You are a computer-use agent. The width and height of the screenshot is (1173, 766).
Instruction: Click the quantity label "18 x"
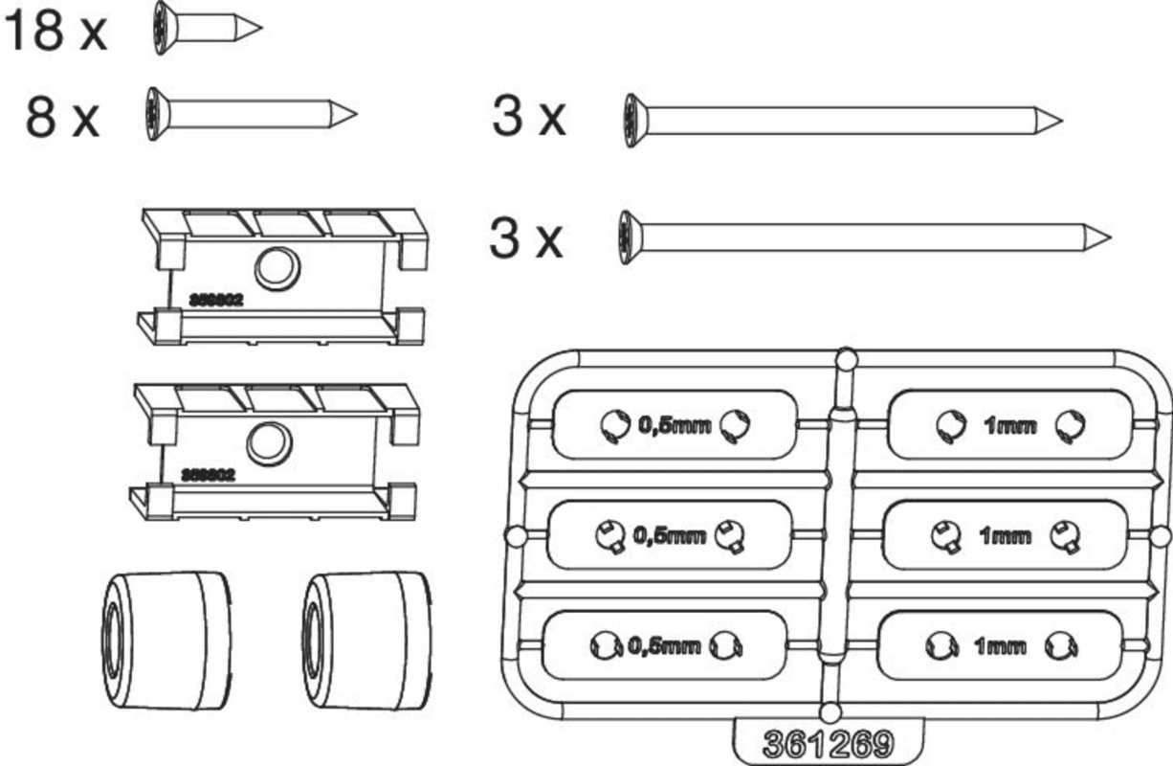coord(55,31)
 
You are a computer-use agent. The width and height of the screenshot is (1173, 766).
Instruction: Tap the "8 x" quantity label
coord(62,119)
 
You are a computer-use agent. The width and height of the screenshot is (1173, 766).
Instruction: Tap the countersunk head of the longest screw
coord(627,236)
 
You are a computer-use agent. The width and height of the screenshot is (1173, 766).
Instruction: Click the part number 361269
coord(829,743)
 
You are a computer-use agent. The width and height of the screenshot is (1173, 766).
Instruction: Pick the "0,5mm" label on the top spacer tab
coord(675,424)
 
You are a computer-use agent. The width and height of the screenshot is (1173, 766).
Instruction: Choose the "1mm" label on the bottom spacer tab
coord(1000,646)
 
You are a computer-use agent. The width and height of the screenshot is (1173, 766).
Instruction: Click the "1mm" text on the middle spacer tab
coord(1005,536)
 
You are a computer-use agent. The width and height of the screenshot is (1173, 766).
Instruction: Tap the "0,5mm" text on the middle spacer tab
coord(670,536)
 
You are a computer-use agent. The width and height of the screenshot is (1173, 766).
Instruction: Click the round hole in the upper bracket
coord(278,267)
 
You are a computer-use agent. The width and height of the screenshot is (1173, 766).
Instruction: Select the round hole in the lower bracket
coord(269,441)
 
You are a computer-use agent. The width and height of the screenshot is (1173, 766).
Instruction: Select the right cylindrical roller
coord(365,641)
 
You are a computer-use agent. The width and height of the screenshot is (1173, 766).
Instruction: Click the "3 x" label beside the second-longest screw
coord(529,118)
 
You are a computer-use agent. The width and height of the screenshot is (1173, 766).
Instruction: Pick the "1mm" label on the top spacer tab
coord(1009,426)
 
